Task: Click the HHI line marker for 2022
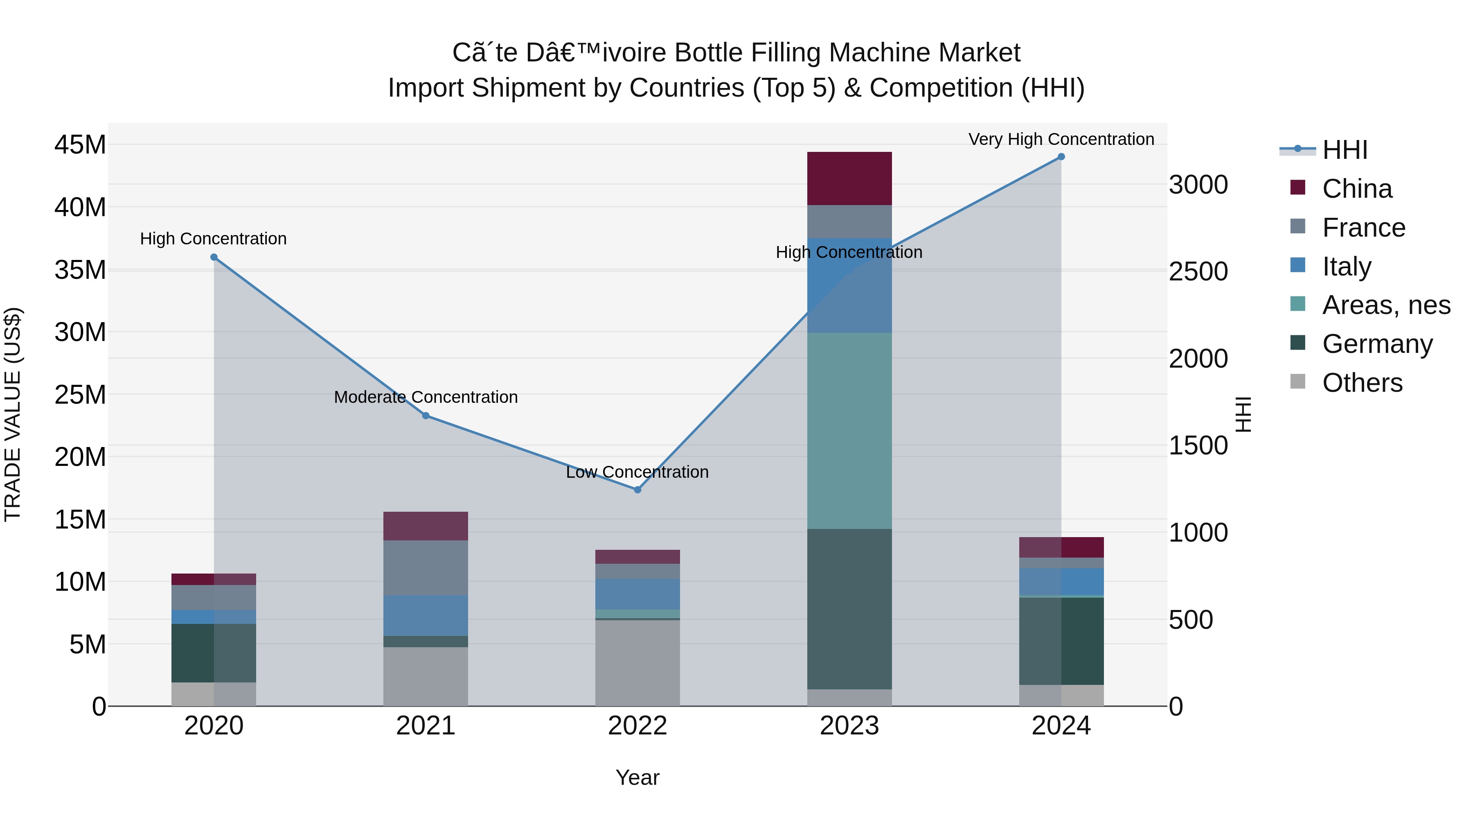(x=637, y=489)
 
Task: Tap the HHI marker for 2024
(x=1061, y=156)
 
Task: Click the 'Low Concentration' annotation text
(x=637, y=472)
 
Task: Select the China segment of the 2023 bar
(x=849, y=178)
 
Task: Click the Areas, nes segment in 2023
(x=849, y=430)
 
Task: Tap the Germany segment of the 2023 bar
(x=849, y=608)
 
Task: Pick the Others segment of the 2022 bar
(x=637, y=662)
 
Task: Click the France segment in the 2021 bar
(x=426, y=567)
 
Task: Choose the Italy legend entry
(x=1346, y=267)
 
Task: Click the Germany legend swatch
(x=1298, y=343)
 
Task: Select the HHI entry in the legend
(x=1344, y=150)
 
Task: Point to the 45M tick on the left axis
(x=80, y=145)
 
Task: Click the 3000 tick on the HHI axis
(x=1198, y=185)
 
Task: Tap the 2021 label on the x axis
(x=426, y=725)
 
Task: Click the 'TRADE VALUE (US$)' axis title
(x=13, y=414)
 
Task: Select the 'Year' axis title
(x=637, y=777)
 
